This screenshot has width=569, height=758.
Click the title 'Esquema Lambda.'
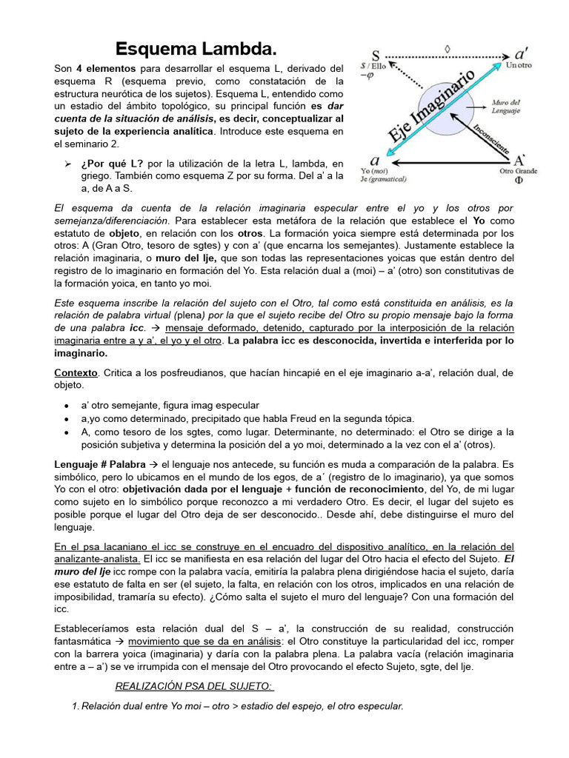196,50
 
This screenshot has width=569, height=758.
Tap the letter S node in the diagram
376,56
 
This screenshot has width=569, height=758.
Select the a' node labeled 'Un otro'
521,55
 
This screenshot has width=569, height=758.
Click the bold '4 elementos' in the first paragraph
104,68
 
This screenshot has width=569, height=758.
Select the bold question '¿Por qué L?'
113,163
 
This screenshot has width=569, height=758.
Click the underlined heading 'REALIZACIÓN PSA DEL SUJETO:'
195,686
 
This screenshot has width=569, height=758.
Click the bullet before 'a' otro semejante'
67,406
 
